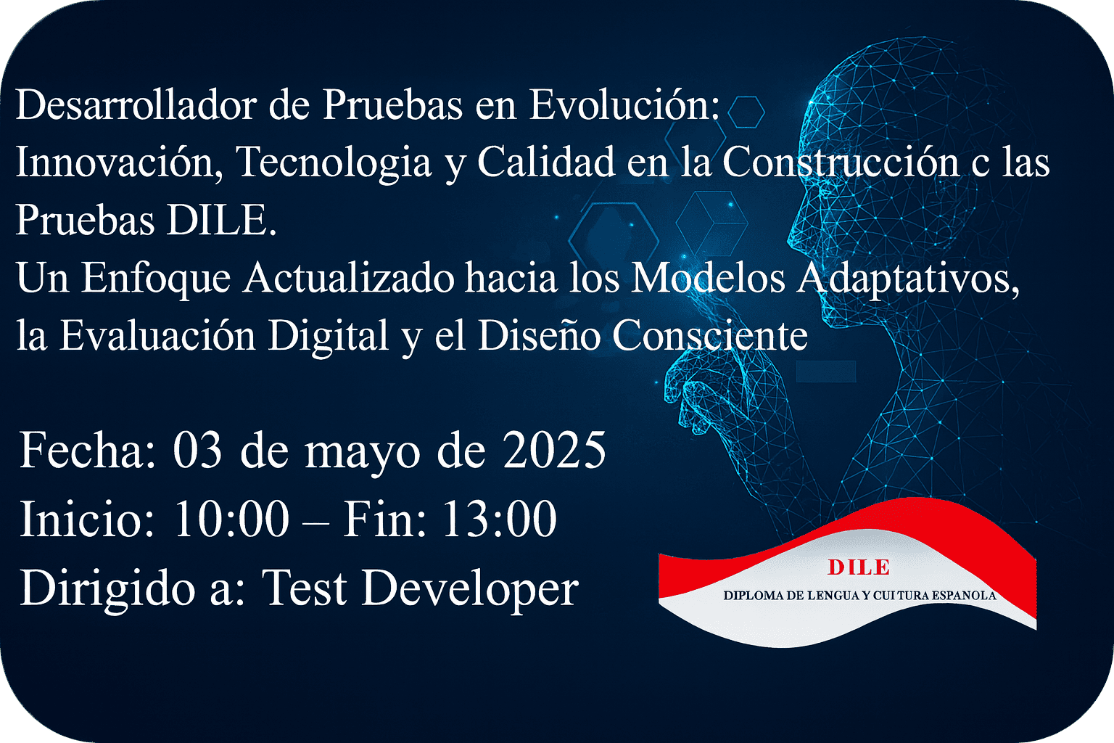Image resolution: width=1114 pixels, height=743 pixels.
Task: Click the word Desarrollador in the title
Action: (x=136, y=104)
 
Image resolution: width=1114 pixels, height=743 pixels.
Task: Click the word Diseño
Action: (x=539, y=335)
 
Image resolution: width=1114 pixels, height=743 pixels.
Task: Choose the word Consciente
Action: (x=710, y=335)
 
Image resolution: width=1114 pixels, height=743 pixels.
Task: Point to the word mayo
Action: (x=362, y=455)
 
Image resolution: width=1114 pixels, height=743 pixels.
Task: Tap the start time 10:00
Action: (x=231, y=519)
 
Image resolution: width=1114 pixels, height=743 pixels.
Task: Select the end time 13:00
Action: (x=499, y=519)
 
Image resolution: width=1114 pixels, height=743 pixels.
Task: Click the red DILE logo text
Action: (x=859, y=567)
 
